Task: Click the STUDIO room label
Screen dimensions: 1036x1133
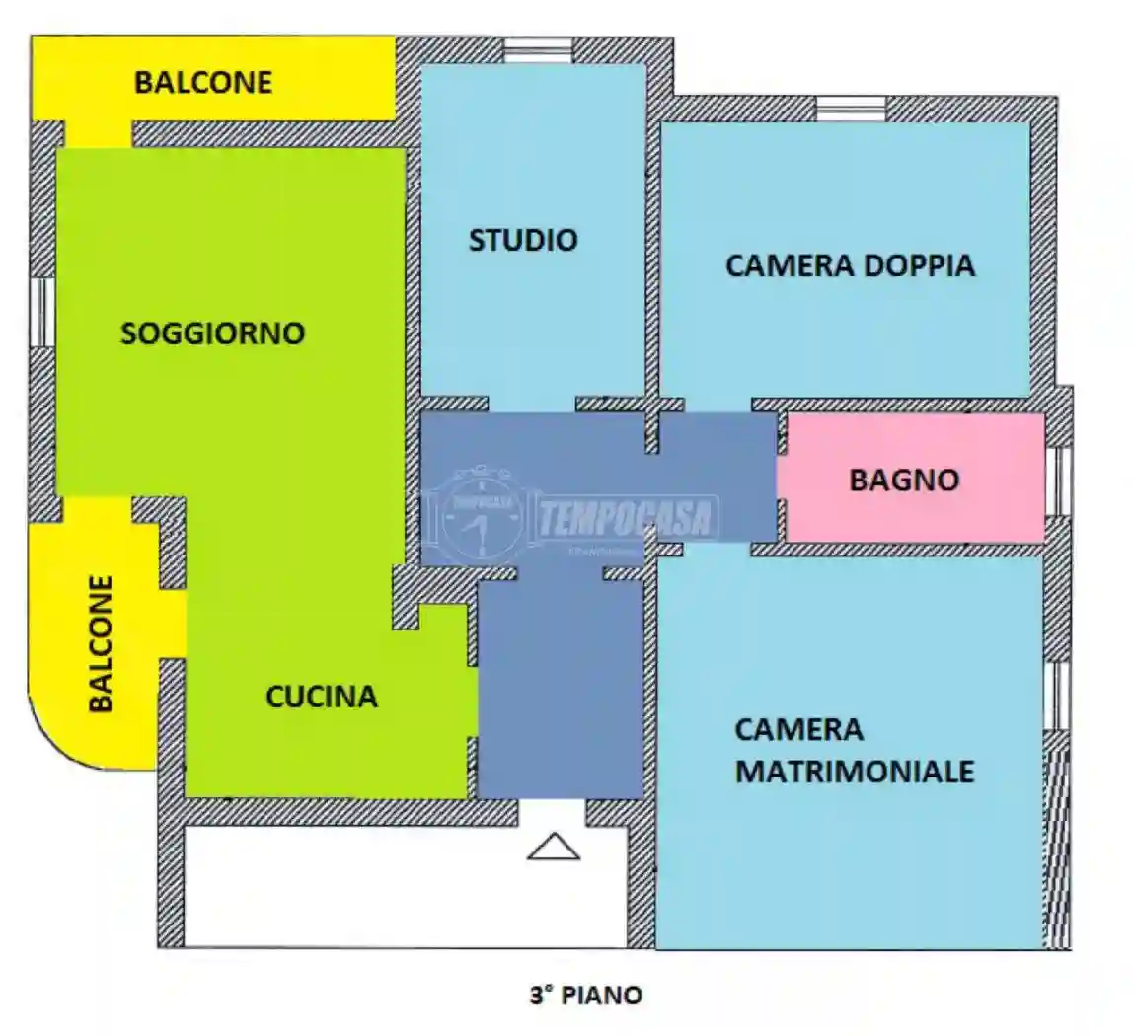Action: pyautogui.click(x=523, y=240)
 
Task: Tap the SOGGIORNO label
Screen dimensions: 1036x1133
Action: pyautogui.click(x=212, y=333)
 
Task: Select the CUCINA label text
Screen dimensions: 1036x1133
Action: pyautogui.click(x=322, y=697)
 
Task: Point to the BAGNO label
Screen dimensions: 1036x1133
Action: pyautogui.click(x=904, y=481)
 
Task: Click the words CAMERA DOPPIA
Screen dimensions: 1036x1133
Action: pyautogui.click(x=850, y=265)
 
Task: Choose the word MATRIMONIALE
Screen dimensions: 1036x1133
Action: pyautogui.click(x=855, y=771)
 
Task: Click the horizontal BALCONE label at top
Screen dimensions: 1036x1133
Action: pyautogui.click(x=203, y=82)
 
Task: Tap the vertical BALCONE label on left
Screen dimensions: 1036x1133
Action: pyautogui.click(x=102, y=643)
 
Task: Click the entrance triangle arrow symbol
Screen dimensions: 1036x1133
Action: pyautogui.click(x=553, y=847)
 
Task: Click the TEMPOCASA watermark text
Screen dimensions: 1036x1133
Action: pyautogui.click(x=628, y=517)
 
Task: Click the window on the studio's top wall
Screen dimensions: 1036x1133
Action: pyautogui.click(x=538, y=50)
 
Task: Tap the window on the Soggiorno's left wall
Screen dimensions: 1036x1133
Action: pyautogui.click(x=42, y=312)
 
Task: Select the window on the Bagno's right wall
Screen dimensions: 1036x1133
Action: pyautogui.click(x=1058, y=481)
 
